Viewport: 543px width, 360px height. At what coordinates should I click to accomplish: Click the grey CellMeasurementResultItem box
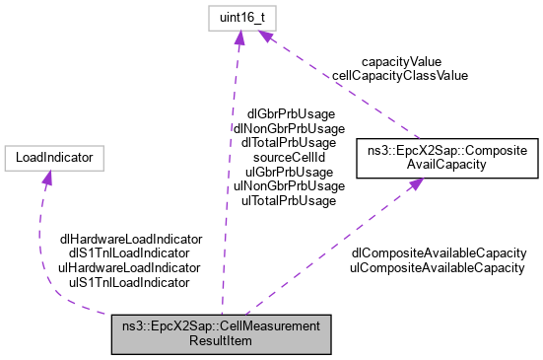[221, 331]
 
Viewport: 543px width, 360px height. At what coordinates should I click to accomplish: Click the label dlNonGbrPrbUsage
[288, 128]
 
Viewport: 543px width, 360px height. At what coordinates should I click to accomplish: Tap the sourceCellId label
[288, 157]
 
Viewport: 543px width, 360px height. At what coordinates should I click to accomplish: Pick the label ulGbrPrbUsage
[288, 171]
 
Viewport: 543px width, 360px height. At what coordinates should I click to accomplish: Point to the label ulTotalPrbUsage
[288, 199]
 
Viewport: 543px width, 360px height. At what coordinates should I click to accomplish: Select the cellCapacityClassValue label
[399, 74]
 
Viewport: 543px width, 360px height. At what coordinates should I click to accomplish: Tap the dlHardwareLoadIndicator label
[130, 239]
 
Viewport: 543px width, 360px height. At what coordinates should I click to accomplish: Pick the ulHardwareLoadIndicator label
[130, 267]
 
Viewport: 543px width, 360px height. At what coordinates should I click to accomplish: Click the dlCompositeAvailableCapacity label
[438, 253]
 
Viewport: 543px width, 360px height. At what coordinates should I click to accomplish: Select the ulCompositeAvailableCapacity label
[438, 267]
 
